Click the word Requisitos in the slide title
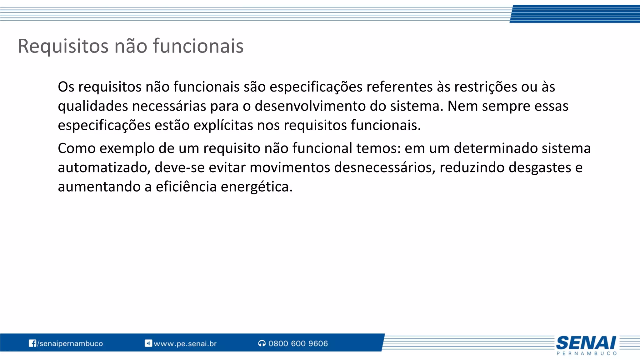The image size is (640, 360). click(x=63, y=46)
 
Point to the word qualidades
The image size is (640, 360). click(x=93, y=106)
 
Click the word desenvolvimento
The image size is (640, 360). click(x=310, y=106)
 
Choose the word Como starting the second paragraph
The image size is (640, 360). click(x=77, y=148)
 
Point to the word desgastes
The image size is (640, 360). click(x=540, y=168)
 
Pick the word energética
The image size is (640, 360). click(x=256, y=187)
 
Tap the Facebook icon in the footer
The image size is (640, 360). click(x=32, y=343)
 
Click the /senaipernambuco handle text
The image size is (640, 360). click(x=70, y=343)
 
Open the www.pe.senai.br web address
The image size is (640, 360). click(x=185, y=344)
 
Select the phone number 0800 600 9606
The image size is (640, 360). click(x=298, y=343)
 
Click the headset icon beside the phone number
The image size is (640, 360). click(x=262, y=343)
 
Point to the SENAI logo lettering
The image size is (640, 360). click(x=586, y=343)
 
